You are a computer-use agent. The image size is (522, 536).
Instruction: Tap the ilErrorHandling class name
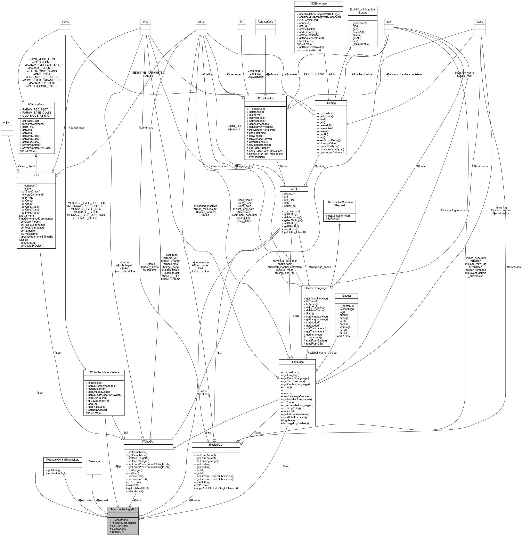click(265, 98)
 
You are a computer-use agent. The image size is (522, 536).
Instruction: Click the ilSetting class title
click(331, 103)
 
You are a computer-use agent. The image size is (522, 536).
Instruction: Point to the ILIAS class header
click(294, 189)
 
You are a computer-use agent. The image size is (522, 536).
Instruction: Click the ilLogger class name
click(346, 296)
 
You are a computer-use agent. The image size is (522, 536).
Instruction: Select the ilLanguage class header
click(297, 362)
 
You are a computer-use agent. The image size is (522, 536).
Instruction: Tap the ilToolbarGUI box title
click(216, 444)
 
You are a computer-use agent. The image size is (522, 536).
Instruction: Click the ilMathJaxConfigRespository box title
click(63, 460)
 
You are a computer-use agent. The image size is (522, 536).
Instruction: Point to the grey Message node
click(94, 461)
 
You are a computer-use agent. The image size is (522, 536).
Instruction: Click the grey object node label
click(7, 123)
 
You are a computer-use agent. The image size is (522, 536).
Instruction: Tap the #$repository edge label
click(85, 500)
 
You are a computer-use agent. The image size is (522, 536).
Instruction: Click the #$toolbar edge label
click(194, 500)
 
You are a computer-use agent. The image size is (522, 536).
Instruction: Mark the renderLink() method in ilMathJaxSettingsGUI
click(118, 532)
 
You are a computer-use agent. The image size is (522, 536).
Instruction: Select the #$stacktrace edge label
click(77, 128)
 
